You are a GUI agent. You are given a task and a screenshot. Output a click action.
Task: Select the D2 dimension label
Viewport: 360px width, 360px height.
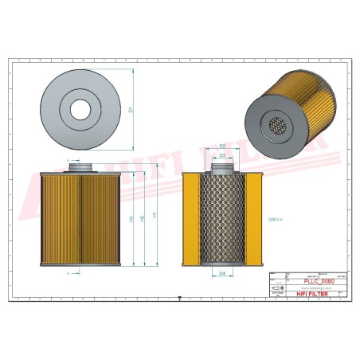(224, 146)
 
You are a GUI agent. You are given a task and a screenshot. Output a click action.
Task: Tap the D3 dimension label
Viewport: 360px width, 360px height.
(223, 155)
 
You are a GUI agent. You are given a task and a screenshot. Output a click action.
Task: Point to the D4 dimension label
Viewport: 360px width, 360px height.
(222, 273)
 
